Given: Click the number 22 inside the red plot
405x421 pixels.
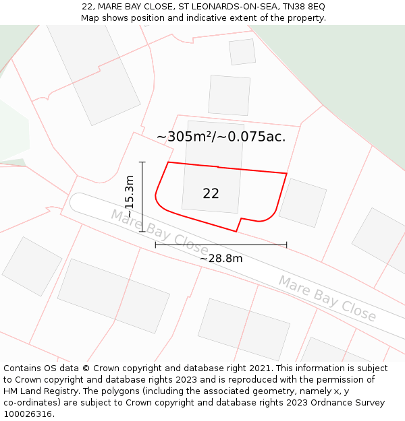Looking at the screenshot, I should tap(211, 193).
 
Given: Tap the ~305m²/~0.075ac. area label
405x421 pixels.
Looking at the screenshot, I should tap(221, 137).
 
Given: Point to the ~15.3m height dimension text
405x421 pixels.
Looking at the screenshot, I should tap(130, 196).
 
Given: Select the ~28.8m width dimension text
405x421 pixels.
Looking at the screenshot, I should tap(221, 258).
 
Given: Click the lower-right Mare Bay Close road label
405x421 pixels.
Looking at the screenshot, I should tap(327, 298).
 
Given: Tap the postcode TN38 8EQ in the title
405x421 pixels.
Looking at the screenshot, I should tap(303, 6).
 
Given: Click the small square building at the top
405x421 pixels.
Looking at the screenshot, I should tap(242, 52).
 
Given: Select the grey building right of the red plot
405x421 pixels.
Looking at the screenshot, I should tap(302, 203).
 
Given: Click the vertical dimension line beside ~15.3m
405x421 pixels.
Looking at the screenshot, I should tap(142, 196).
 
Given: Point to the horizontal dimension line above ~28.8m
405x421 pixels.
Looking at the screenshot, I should tap(221, 245).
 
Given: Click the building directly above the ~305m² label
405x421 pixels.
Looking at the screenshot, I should tap(229, 95).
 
